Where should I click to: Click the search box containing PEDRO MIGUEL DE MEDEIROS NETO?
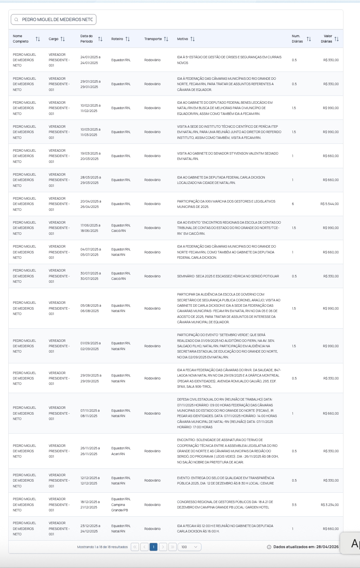coord(54,19)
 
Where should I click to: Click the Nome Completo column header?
coord(21,39)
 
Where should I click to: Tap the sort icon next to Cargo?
coord(63,39)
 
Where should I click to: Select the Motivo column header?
coord(182,39)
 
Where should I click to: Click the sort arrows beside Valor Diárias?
coord(336,39)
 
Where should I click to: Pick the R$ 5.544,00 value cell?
coord(329,204)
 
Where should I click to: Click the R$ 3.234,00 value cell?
coord(329,505)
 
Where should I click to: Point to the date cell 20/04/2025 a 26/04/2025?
coord(90,204)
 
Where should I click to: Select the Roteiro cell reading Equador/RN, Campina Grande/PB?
coord(121,504)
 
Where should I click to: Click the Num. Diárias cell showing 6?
coord(293,204)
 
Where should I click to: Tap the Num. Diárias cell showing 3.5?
coord(294,505)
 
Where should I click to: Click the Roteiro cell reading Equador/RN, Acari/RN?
coord(121,451)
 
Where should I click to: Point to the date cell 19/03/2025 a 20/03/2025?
coord(90,156)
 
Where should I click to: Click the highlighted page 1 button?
coord(154,547)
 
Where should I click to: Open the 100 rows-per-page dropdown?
coord(190,547)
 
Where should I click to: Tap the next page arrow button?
coord(163,547)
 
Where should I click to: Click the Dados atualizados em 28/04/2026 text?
coord(306,547)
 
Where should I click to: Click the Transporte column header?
coord(153,39)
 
